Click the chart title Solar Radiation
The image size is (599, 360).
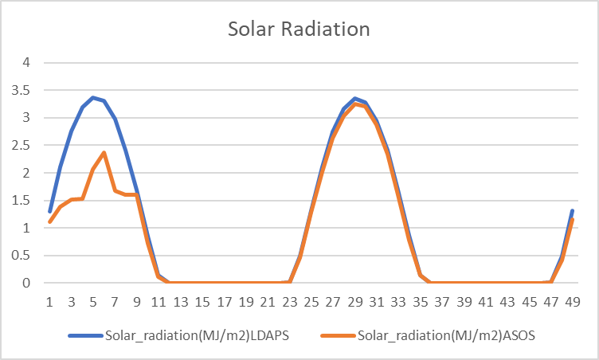pyautogui.click(x=299, y=29)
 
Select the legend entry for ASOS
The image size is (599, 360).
pyautogui.click(x=446, y=335)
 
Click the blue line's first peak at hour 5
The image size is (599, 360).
pyautogui.click(x=93, y=97)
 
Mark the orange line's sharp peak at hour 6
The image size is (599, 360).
pyautogui.click(x=104, y=152)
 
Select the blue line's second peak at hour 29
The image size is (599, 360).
pyautogui.click(x=355, y=98)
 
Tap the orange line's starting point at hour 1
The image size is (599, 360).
pyautogui.click(x=49, y=221)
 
